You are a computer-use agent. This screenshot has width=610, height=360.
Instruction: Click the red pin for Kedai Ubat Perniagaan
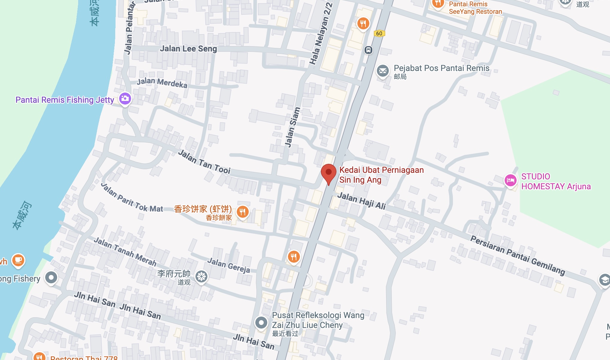coord(329,173)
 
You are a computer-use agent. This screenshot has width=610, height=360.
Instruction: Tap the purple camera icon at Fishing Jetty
coord(125,98)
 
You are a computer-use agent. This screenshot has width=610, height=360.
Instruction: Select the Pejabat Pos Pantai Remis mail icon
coord(383,71)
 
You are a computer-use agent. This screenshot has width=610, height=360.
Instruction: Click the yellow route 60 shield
coord(379,34)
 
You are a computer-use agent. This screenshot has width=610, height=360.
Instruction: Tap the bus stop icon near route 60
coord(368,50)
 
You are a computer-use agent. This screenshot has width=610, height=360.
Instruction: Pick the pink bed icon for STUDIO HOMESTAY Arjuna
coord(511,180)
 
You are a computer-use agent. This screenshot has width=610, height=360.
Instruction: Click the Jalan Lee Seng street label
coord(188,49)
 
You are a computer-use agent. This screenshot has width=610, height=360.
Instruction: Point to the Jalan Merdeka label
coord(162,83)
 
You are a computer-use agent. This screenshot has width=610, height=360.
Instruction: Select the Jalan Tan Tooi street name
coord(204,162)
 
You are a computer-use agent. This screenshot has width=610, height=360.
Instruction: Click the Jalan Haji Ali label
coord(362,201)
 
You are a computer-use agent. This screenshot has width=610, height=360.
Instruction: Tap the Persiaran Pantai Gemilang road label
coord(518,255)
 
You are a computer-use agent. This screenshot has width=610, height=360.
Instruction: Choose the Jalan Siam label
coord(292,128)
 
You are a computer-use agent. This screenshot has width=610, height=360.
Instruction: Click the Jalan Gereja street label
coord(229,265)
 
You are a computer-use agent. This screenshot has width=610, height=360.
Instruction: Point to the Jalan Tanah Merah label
coord(125,252)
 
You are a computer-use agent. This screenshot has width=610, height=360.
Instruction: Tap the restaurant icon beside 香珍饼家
coord(243,212)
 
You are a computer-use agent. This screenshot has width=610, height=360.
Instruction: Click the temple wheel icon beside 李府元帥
coord(201,277)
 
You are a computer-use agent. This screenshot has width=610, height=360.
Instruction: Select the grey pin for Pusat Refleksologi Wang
coord(261,323)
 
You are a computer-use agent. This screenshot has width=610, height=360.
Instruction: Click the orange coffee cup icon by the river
coord(18,260)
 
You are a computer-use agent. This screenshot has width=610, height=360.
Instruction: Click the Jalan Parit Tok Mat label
coord(132,199)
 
